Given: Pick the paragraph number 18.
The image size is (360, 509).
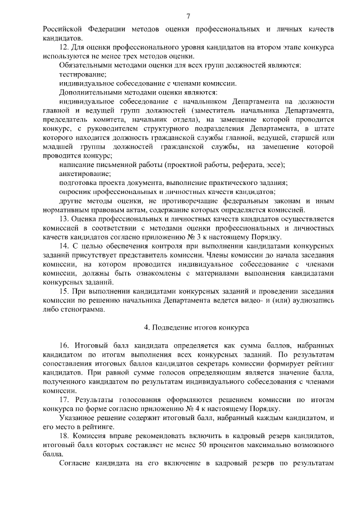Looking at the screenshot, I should tap(63, 436).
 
